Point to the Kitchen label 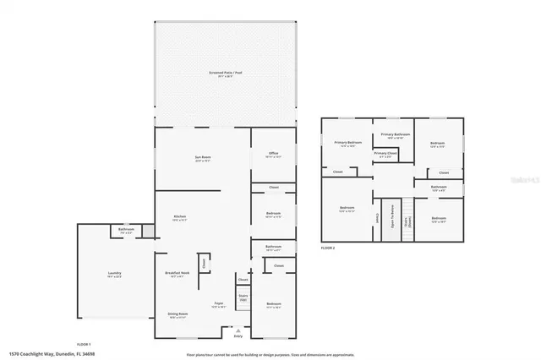pyautogui.click(x=179, y=217)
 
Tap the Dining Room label pyautogui.click(x=178, y=314)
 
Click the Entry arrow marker pyautogui.click(x=237, y=330)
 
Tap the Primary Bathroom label pyautogui.click(x=395, y=135)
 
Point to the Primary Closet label pyautogui.click(x=385, y=154)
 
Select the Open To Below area pyautogui.click(x=392, y=219)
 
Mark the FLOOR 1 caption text pyautogui.click(x=84, y=345)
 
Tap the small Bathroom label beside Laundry pyautogui.click(x=127, y=230)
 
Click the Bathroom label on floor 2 pyautogui.click(x=438, y=188)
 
